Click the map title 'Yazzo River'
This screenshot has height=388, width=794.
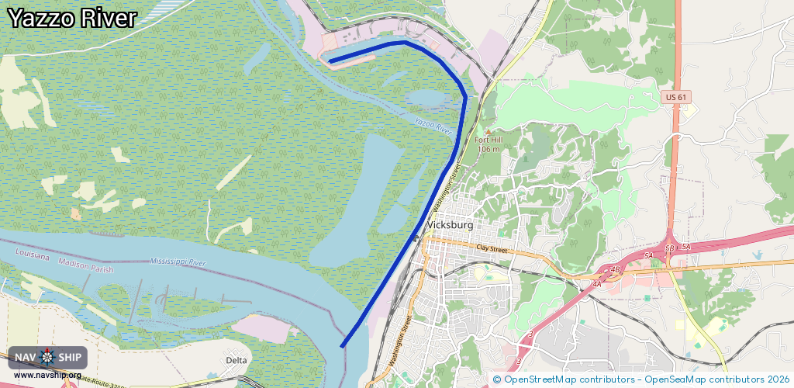72,19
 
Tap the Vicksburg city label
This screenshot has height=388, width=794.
450,225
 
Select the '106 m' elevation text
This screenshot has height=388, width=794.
488,149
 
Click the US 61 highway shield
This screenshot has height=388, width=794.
676,97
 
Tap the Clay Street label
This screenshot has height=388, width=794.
492,249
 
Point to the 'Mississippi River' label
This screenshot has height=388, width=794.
178,262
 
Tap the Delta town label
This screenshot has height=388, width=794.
236,360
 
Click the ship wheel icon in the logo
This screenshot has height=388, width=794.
47,358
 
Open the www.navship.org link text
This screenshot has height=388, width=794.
47,376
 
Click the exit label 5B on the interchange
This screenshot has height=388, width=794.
670,247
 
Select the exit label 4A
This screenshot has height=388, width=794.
596,285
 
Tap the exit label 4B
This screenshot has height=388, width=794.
616,270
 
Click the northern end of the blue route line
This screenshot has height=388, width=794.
330,61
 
